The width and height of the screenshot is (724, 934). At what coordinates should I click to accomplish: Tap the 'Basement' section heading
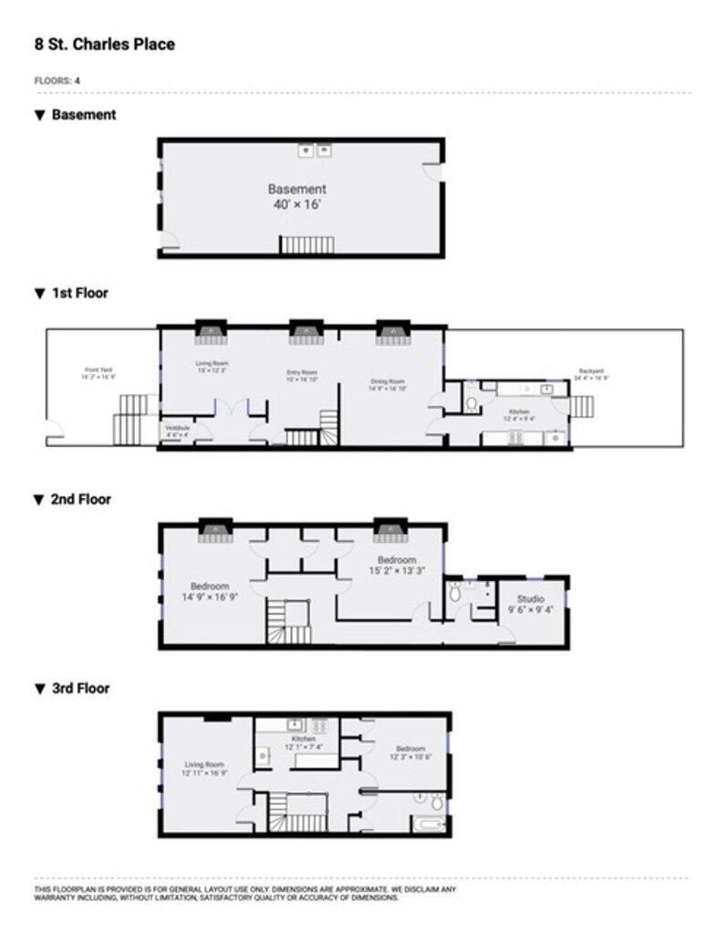[83, 115]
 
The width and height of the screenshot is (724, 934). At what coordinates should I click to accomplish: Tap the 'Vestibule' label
[177, 429]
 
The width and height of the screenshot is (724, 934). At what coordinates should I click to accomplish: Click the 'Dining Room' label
[388, 381]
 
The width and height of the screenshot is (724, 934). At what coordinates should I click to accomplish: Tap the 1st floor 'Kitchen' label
[520, 412]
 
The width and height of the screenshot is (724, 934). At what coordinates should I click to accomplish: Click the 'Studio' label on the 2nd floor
[531, 598]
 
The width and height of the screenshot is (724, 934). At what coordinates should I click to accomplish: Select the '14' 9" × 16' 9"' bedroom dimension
[211, 598]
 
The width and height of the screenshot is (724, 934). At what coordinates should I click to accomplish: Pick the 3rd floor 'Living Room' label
[204, 764]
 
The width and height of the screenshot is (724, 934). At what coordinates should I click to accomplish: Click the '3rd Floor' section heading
[80, 689]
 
